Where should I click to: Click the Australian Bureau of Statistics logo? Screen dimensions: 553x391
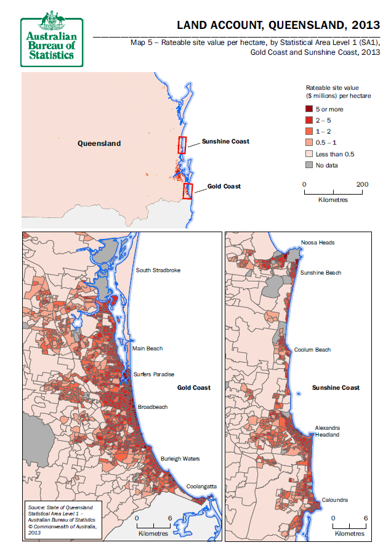52,38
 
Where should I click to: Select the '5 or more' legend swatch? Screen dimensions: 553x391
310,109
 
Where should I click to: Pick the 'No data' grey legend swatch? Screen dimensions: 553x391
310,165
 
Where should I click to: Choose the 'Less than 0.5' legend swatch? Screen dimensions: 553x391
310,154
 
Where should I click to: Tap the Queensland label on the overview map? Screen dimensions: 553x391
99,143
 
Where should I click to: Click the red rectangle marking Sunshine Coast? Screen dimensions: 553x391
182,145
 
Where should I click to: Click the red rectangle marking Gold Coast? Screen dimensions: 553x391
188,191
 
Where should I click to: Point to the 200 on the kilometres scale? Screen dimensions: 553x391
362,185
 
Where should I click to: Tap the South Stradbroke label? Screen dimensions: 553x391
158,270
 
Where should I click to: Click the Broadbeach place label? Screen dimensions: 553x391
153,407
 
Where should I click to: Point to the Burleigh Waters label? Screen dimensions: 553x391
180,459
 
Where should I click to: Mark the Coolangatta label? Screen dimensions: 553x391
202,486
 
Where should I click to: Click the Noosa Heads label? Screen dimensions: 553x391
318,243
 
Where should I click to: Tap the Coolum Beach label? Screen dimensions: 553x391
312,350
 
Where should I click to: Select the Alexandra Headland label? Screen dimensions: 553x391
327,430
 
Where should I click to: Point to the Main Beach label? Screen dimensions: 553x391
147,349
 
